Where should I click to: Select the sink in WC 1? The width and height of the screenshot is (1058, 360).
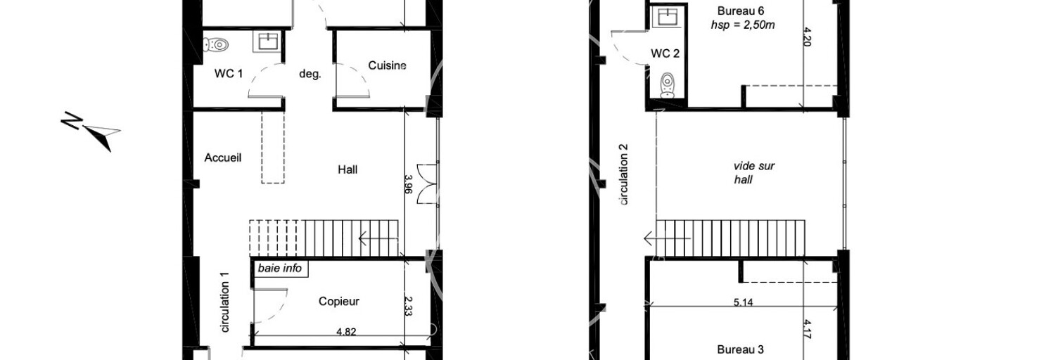pos(267,41)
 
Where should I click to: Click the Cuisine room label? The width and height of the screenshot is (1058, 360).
pos(388,65)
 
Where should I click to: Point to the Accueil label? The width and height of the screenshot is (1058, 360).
pos(222,157)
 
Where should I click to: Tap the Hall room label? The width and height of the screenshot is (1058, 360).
pos(348,169)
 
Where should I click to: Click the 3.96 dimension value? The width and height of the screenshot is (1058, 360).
pos(409,184)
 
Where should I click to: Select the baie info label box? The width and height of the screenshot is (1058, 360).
pos(279,269)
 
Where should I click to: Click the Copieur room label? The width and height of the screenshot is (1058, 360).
pos(338,301)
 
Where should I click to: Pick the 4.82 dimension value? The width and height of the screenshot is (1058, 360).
pos(346,332)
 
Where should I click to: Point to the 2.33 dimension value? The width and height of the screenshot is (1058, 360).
pos(409,306)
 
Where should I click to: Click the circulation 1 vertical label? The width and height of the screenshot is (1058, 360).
pos(225,302)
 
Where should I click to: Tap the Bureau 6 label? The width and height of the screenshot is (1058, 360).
pos(741,11)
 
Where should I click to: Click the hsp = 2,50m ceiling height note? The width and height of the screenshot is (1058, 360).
pos(742,25)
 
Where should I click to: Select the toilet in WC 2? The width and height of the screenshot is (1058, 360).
pos(667,85)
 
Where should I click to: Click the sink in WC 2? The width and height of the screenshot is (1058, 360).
pos(667,18)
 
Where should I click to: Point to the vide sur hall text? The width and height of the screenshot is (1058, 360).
pos(754,173)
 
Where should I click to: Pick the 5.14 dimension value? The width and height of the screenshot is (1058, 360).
pos(743,302)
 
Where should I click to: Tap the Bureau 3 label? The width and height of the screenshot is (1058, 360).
pos(740,349)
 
